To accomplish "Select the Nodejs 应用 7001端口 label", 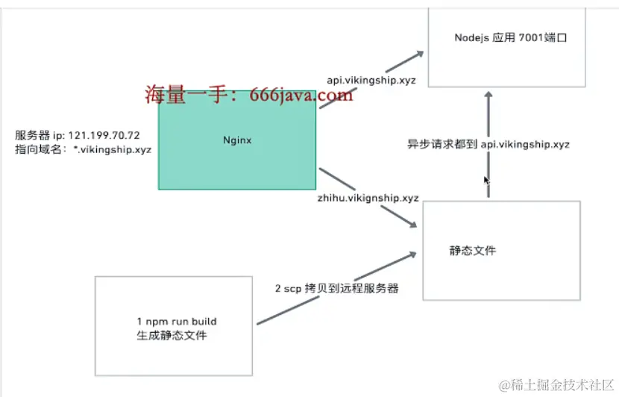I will pos(511,37).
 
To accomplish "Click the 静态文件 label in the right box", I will pos(472,251).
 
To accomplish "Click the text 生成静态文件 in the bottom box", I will pos(172,336).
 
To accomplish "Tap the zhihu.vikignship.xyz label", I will pos(369,198).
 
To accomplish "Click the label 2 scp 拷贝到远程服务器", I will pos(337,288).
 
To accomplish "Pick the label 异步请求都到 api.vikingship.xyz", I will pos(488,144).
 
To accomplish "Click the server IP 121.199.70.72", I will pos(104,135).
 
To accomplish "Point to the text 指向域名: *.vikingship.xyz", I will pos(84,149).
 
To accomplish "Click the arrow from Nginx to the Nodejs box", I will pos(371,80).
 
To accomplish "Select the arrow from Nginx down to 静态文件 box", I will pos(367,198).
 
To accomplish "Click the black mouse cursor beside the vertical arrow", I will pos(486,181).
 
